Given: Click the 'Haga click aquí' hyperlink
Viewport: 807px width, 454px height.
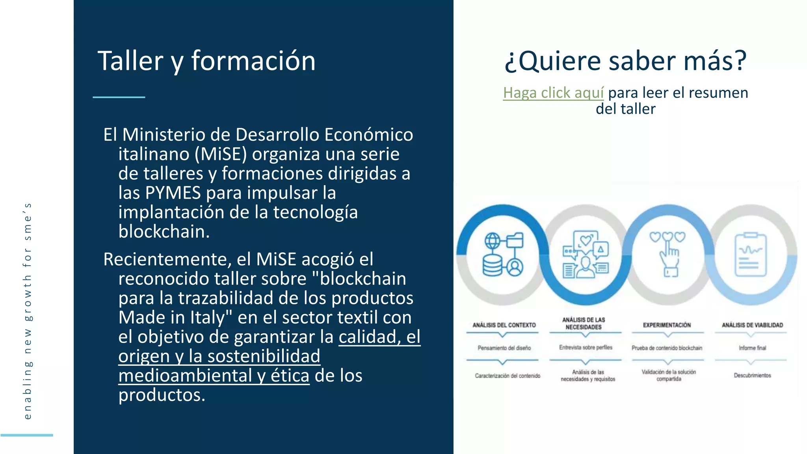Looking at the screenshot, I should [553, 93].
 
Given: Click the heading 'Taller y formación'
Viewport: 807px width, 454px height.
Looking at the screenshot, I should [206, 61].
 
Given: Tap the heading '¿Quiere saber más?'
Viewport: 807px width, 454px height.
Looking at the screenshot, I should [626, 61].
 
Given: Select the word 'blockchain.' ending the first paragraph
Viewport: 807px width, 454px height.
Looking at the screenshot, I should [164, 232].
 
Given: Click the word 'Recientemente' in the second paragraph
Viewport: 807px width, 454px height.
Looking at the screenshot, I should [165, 259].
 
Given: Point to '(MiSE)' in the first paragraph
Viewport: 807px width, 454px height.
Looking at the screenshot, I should [221, 154].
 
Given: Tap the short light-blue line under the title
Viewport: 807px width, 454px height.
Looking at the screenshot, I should [119, 97].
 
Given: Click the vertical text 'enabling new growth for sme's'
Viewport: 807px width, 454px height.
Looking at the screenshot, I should [27, 311].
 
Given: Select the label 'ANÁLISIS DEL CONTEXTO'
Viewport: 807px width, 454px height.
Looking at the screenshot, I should [504, 325].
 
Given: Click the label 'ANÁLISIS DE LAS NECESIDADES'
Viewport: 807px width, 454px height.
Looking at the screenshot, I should [584, 324].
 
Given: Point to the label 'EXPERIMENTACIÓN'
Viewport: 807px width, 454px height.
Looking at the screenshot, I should [667, 325].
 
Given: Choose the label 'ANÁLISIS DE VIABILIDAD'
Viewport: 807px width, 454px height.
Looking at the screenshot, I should [752, 325].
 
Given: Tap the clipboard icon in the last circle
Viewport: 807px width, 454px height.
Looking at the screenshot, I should [751, 255].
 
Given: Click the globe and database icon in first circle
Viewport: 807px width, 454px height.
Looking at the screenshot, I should [503, 254].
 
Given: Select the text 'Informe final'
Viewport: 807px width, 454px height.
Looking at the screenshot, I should [752, 348].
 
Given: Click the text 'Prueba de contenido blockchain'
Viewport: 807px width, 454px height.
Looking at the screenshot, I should [667, 348].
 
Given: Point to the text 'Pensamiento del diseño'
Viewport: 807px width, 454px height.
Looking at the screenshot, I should [504, 348].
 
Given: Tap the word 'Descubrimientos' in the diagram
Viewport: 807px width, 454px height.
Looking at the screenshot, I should [752, 375].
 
